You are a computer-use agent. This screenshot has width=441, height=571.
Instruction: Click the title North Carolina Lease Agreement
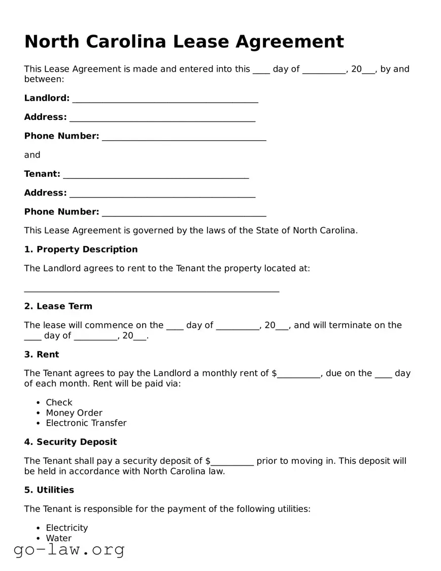(184, 41)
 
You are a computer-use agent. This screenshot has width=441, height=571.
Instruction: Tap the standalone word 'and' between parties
(32, 155)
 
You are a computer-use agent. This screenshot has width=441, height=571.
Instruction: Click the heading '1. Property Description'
(81, 249)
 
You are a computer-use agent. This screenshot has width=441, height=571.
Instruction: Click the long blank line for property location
(152, 290)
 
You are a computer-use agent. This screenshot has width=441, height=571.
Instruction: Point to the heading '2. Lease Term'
(58, 306)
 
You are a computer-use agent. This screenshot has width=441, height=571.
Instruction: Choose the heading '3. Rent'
(42, 355)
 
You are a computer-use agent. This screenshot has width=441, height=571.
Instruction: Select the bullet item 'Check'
(59, 402)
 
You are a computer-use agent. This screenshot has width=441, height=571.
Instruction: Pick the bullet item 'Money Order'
(74, 413)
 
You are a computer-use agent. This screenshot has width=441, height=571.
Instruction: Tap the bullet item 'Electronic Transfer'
(86, 423)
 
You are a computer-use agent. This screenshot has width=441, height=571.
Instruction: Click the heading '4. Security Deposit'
(71, 442)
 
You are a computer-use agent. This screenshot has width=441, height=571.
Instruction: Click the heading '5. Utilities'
(49, 490)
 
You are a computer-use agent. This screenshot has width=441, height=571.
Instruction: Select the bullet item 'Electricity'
(67, 528)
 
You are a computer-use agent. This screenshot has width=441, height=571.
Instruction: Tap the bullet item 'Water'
(59, 538)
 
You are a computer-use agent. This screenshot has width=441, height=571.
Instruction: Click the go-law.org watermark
(69, 550)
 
